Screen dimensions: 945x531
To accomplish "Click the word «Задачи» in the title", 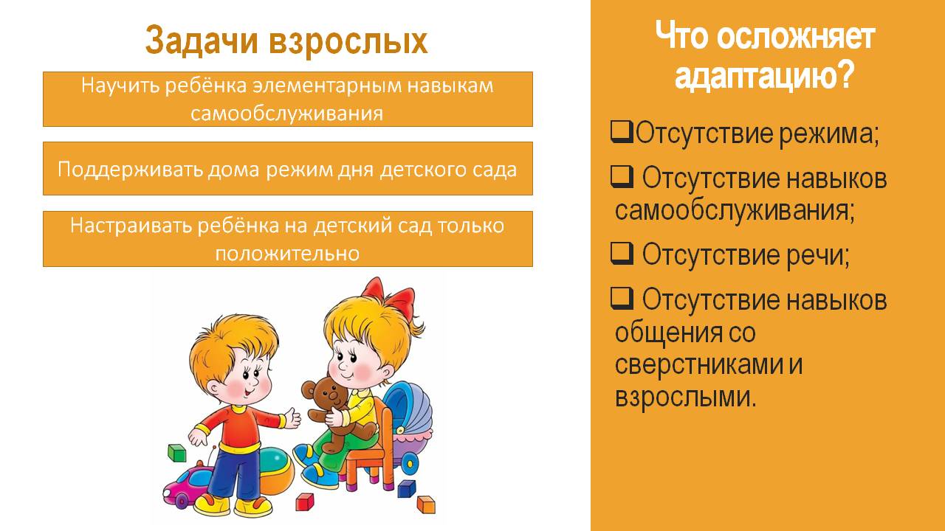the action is [202, 41].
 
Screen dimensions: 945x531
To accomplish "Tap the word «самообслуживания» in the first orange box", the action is [287, 114].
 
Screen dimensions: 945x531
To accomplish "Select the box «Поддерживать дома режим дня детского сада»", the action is [288, 169].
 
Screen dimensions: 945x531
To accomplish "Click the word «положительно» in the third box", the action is [287, 253].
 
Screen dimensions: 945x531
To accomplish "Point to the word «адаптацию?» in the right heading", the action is [764, 75].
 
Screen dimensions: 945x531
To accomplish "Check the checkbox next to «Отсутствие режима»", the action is [622, 132].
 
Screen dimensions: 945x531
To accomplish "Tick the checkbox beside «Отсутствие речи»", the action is [622, 253].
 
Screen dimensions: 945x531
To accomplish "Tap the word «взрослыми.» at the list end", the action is [685, 397].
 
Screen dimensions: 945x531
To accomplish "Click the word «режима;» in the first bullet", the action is [829, 134].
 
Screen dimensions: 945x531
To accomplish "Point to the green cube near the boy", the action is [177, 453].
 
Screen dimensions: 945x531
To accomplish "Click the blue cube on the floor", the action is [407, 489].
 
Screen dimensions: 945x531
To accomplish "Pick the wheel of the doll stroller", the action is [409, 464].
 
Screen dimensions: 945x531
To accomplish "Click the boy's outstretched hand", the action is [292, 418].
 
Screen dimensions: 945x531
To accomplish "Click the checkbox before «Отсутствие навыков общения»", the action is [622, 299].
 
